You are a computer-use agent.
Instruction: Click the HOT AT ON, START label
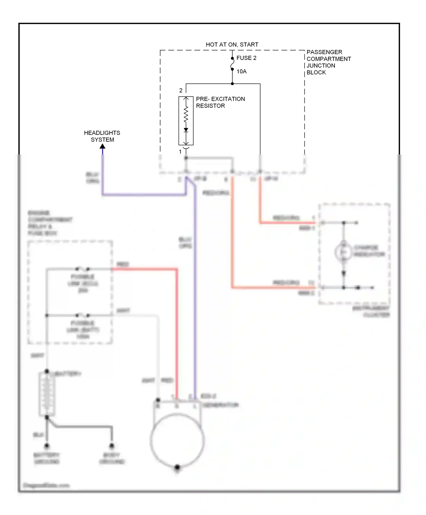pos(232,45)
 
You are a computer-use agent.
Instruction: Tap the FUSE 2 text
pos(246,58)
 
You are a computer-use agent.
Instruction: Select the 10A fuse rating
pos(241,72)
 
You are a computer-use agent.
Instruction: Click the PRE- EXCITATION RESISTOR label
pos(220,102)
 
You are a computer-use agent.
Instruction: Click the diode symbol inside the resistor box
pos(186,130)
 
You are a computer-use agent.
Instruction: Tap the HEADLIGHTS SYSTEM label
pos(102,136)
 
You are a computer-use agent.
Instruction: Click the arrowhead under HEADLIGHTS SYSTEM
pos(103,146)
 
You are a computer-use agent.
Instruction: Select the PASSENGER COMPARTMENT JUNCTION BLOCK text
pos(328,62)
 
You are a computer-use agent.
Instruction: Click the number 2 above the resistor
pos(181,91)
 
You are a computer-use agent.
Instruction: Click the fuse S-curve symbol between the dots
pos(232,64)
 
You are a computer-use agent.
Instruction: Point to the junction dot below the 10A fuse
pos(232,84)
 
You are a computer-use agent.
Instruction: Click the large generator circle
pos(177,440)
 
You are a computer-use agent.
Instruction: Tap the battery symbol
pos(47,394)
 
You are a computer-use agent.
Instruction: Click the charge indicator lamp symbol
pos(343,252)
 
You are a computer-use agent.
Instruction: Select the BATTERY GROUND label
pos(47,458)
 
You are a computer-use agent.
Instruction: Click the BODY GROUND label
pos(112,458)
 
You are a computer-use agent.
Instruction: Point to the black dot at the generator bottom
pos(177,467)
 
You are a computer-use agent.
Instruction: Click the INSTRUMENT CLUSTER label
pos(371,311)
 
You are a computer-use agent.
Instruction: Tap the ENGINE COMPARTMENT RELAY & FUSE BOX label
pos(50,223)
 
